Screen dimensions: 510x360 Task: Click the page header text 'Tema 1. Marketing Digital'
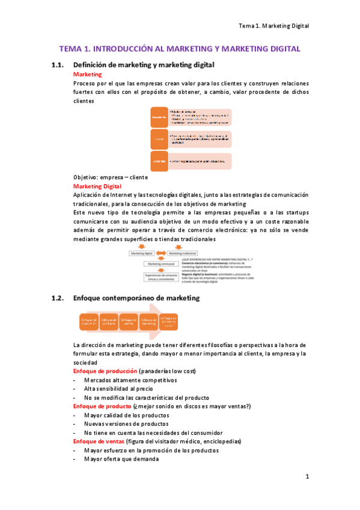click(273, 26)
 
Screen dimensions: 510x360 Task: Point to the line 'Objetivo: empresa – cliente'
click(110, 177)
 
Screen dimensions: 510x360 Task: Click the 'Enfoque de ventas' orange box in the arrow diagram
click(129, 322)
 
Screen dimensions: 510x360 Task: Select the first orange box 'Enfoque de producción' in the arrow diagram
click(88, 322)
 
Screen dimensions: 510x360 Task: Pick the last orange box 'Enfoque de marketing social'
click(169, 322)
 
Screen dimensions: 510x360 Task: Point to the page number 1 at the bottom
click(307, 477)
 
